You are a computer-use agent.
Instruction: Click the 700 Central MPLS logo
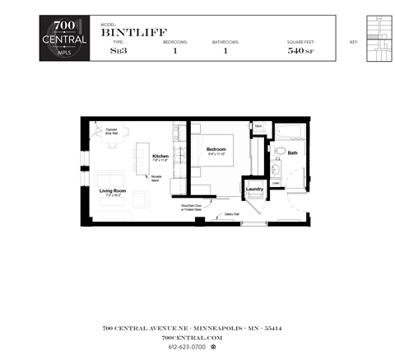coord(64,38)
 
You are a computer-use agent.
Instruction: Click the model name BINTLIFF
coord(129,34)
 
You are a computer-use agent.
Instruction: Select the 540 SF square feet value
coord(300,50)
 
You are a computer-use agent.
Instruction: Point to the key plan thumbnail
coord(378,39)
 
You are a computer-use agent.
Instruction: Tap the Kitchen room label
coord(160,157)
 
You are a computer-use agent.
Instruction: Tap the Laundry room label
coord(254,189)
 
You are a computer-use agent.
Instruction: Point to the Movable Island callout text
coord(156,178)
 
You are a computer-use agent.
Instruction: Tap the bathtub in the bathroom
coord(290,133)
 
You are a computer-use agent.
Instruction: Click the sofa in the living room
coord(110,179)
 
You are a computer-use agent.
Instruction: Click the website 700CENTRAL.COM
coord(193,338)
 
